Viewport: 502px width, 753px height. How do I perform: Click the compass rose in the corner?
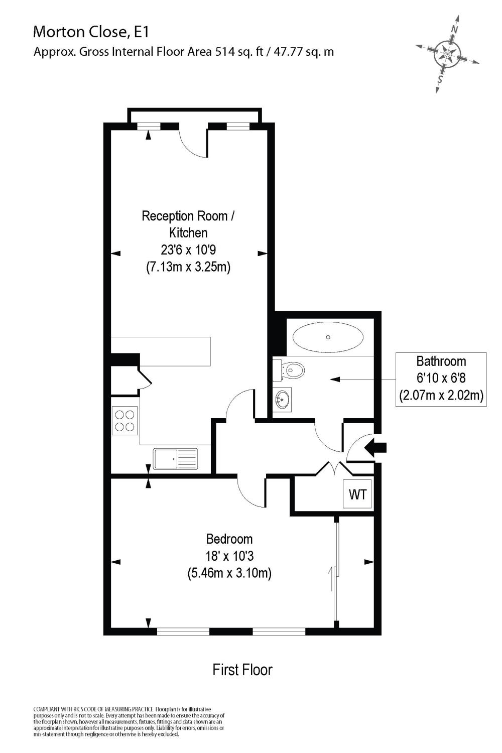pyautogui.click(x=446, y=54)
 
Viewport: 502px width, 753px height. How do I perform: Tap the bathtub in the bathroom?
pyautogui.click(x=328, y=337)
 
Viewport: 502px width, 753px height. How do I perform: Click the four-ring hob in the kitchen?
pyautogui.click(x=124, y=421)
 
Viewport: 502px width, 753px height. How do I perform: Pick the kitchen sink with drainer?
pyautogui.click(x=176, y=458)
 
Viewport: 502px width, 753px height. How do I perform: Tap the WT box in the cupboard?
pyautogui.click(x=357, y=494)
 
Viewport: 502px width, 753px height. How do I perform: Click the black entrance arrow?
pyautogui.click(x=376, y=447)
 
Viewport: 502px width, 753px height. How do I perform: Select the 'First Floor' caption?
pyautogui.click(x=242, y=670)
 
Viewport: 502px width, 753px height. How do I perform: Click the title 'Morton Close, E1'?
pyautogui.click(x=91, y=32)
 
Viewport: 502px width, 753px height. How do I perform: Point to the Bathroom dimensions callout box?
pyautogui.click(x=441, y=379)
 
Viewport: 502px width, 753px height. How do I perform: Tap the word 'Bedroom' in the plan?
pyautogui.click(x=229, y=539)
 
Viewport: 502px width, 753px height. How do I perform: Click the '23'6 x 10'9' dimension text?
pyautogui.click(x=188, y=250)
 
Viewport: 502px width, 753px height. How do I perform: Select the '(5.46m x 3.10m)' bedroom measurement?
pyautogui.click(x=229, y=572)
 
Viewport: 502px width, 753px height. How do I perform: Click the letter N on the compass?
pyautogui.click(x=454, y=30)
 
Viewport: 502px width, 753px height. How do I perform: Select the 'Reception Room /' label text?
pyautogui.click(x=188, y=216)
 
